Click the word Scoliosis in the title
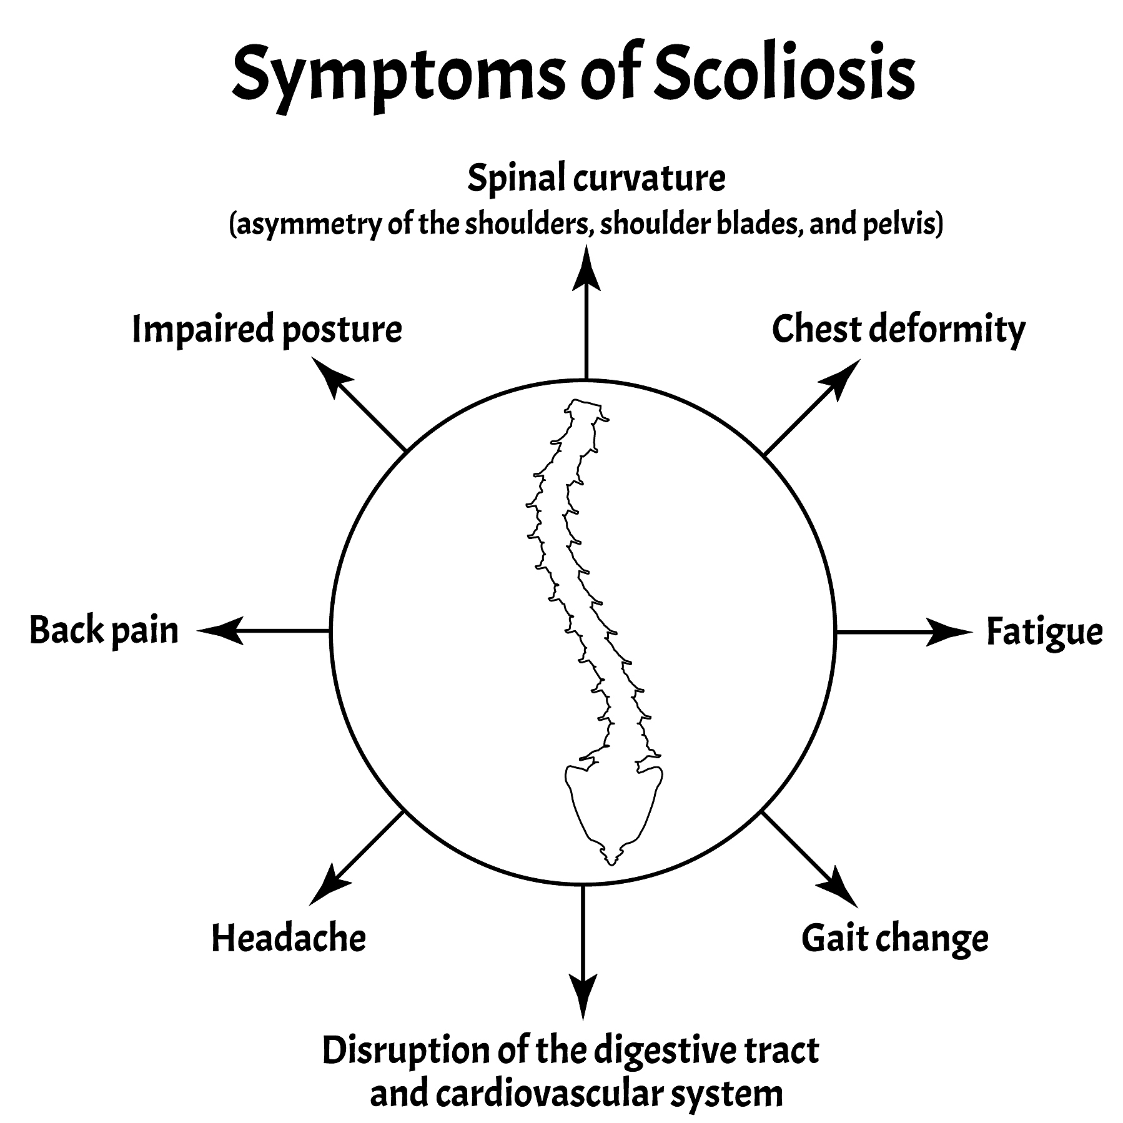point(784,75)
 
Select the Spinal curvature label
point(596,179)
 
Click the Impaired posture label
point(267,330)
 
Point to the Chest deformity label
point(898,330)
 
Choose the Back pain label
point(104,631)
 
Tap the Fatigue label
point(1044,632)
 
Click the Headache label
point(289,938)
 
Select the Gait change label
point(894,939)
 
